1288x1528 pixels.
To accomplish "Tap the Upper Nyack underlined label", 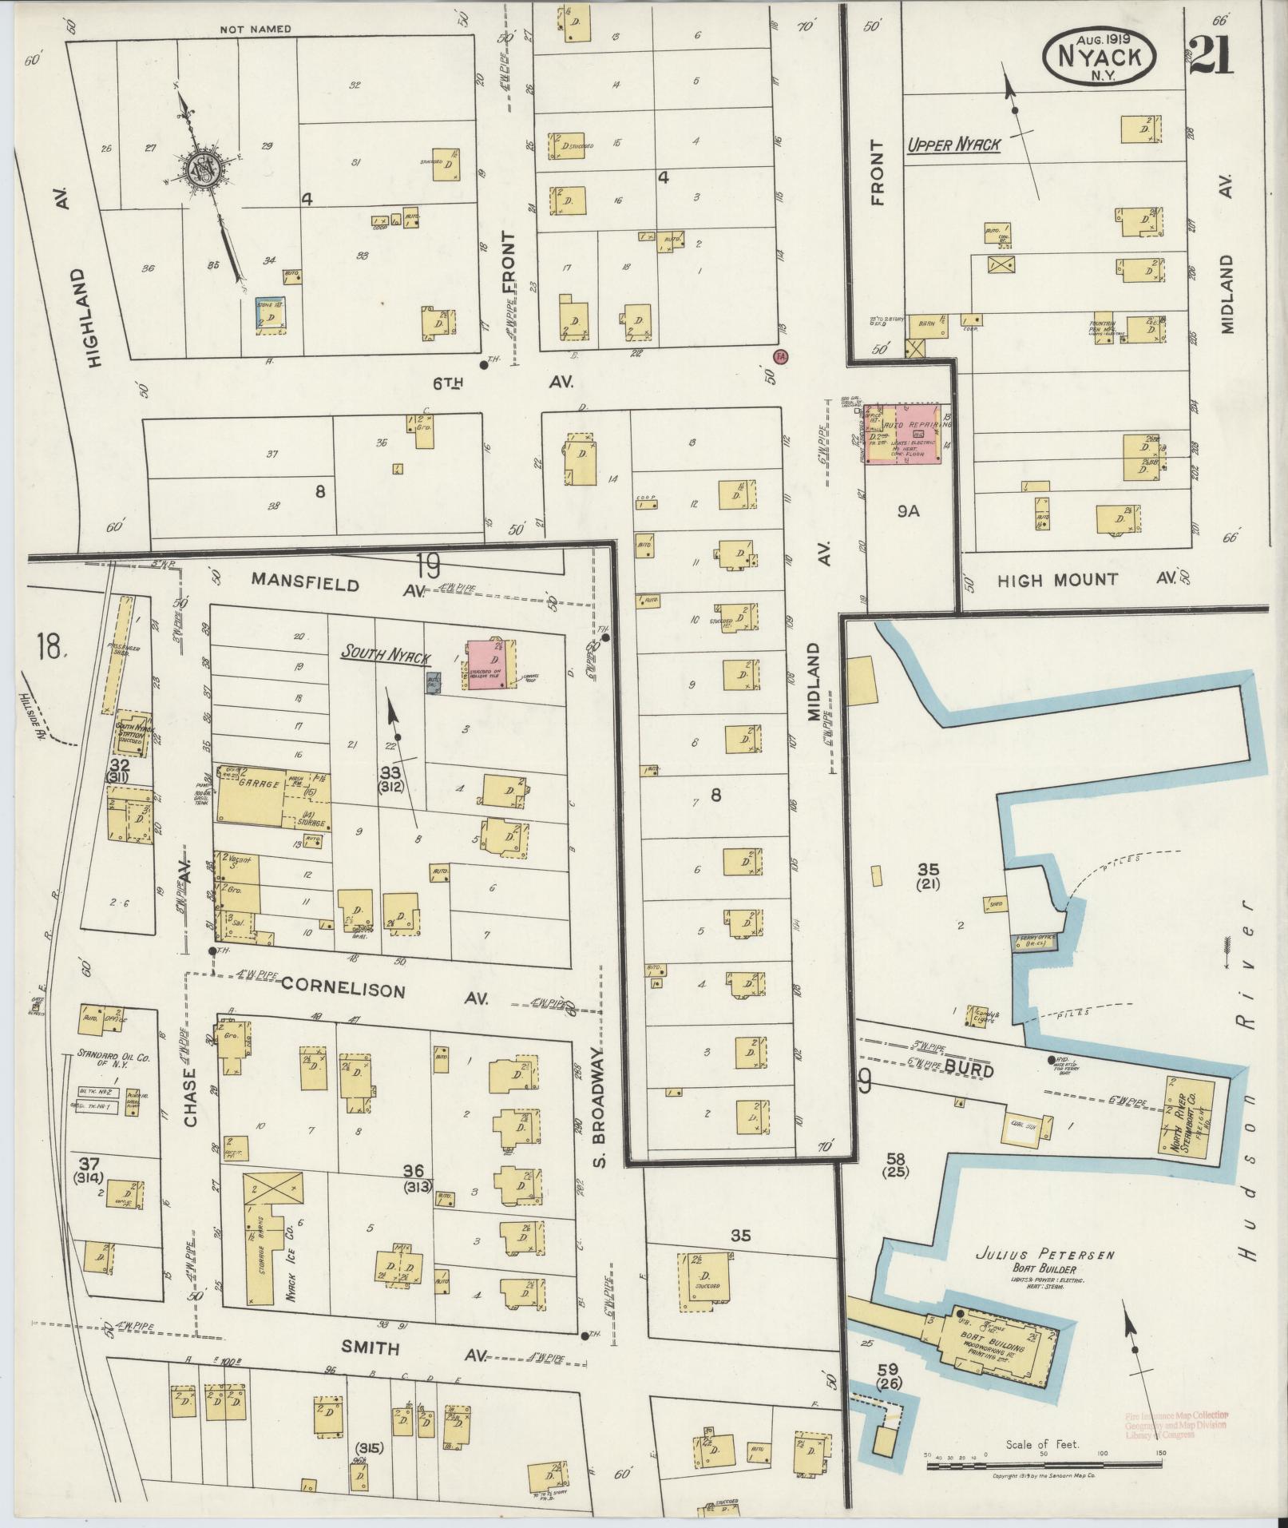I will click(953, 145).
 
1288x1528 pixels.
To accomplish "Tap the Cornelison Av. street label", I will click(343, 989).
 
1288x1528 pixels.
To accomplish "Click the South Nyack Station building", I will click(133, 731).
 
